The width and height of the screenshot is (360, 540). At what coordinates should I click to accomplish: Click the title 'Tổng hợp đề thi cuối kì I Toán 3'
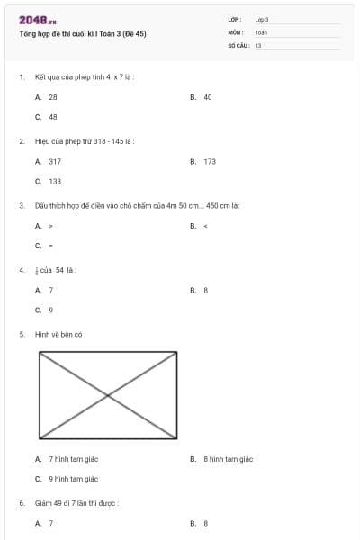tap(82, 33)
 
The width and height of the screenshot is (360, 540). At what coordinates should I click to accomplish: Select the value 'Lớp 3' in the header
tap(262, 19)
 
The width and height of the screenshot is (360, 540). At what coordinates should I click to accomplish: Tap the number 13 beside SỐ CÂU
tap(258, 44)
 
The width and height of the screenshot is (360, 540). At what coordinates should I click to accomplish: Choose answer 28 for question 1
tap(53, 96)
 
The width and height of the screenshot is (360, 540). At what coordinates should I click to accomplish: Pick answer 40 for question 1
tap(208, 96)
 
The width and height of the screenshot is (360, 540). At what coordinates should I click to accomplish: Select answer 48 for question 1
tap(53, 116)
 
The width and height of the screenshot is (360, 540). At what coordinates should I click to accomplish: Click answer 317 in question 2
tap(55, 161)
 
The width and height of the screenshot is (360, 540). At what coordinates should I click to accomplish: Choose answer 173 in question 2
tap(210, 161)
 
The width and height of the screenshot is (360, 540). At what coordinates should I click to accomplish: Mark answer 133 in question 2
tap(55, 181)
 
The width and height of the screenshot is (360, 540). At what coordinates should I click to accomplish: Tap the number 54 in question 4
tap(60, 270)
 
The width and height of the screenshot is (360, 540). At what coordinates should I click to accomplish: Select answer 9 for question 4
tap(51, 310)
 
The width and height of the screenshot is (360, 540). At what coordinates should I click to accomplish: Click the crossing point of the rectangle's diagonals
tap(108, 395)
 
